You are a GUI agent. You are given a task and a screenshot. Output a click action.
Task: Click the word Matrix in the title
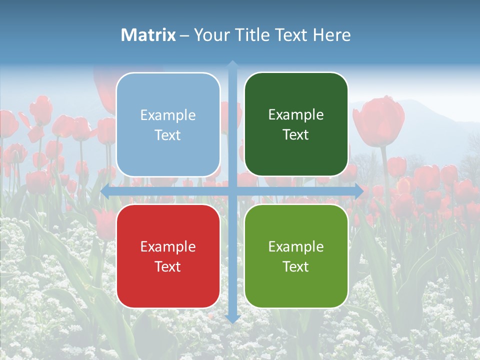[x=148, y=35]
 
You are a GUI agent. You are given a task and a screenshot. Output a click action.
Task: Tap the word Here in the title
[x=332, y=35]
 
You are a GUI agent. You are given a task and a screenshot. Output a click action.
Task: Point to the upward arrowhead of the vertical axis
[x=232, y=64]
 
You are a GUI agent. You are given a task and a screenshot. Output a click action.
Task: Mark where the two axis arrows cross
[x=232, y=191]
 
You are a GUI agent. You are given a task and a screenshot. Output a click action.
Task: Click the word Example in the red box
[x=168, y=246]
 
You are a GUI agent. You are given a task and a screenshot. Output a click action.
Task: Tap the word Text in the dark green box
[x=296, y=135]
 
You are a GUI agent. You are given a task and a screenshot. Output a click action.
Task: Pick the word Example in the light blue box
[x=168, y=115]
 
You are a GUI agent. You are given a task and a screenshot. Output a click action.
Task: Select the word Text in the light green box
[x=296, y=266]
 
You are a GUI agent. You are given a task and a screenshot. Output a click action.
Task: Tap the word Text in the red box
[x=168, y=266]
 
